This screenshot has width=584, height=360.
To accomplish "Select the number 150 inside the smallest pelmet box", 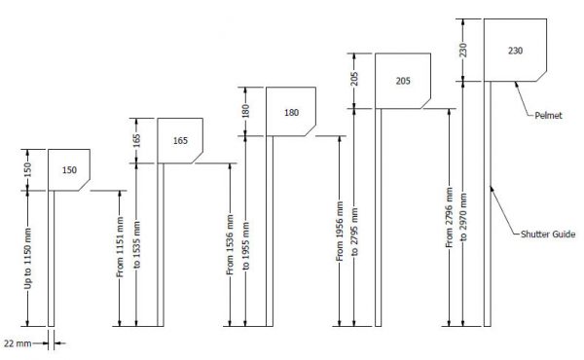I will click(x=70, y=170).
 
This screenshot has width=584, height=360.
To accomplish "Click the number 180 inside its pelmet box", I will click(x=291, y=113).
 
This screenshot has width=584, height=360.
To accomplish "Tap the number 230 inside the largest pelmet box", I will click(x=516, y=48).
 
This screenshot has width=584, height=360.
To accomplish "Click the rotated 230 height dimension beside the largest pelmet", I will click(x=466, y=49).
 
